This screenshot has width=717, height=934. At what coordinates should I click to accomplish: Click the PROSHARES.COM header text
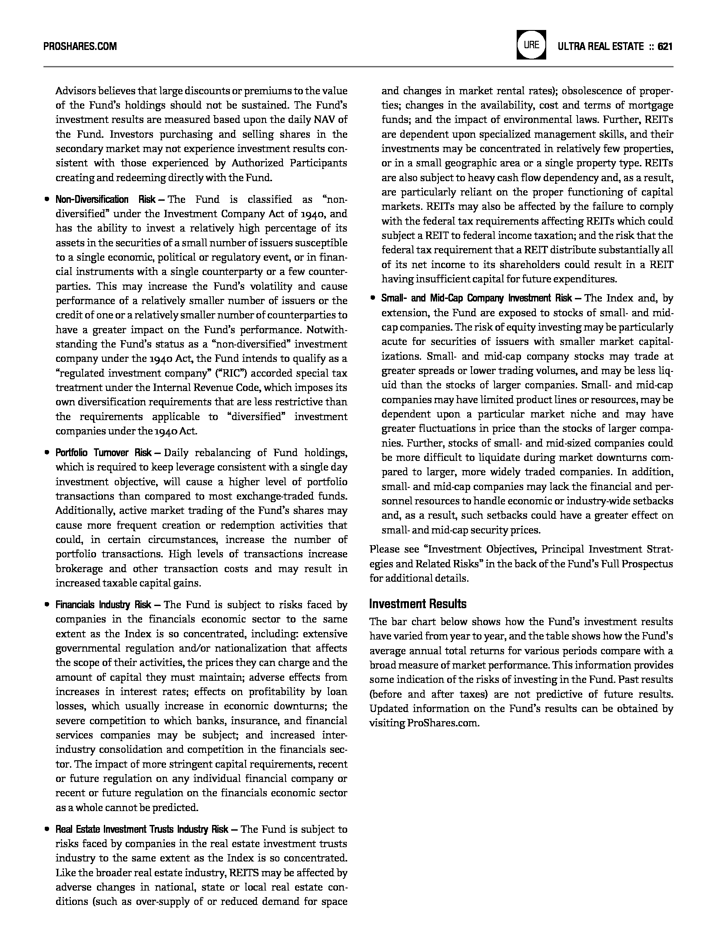pos(80,46)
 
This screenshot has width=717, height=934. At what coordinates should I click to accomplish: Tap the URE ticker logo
pos(531,45)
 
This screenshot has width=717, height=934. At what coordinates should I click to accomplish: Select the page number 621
pos(665,46)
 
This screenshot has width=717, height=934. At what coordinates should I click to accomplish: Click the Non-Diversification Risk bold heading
pos(105,200)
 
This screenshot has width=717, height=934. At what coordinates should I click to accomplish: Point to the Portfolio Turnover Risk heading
pos(103,453)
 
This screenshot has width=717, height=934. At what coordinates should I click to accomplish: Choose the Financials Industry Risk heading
pos(103,605)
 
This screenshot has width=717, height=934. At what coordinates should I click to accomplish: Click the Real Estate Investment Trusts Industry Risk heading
pos(142,829)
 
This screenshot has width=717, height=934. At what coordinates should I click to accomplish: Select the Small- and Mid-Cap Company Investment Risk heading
pos(477,298)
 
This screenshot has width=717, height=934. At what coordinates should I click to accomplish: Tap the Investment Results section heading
pos(418,604)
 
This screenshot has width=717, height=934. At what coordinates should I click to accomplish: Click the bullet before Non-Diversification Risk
pos(46,200)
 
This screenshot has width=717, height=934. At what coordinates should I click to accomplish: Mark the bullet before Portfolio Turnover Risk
pos(46,453)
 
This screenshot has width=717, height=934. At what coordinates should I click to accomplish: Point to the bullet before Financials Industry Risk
pos(46,605)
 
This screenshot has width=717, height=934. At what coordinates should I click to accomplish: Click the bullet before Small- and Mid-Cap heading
pos(372,298)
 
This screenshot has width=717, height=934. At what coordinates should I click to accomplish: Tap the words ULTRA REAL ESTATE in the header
pos(601,46)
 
